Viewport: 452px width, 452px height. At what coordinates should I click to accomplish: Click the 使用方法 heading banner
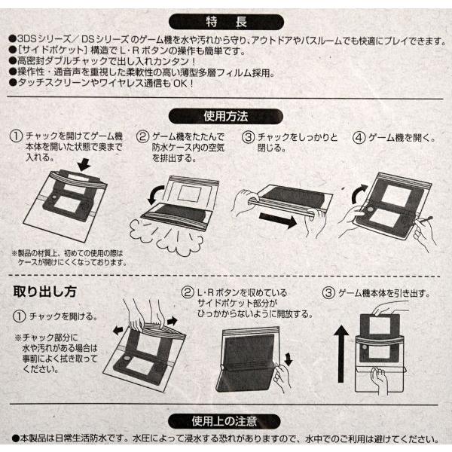click(226, 116)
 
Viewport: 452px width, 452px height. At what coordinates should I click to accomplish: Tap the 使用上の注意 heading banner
click(226, 420)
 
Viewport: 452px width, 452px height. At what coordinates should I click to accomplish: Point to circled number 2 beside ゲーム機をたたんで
click(142, 137)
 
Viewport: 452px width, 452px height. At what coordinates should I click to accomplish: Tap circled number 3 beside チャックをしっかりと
click(248, 137)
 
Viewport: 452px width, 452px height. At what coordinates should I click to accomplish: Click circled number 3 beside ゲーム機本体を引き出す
click(328, 292)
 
